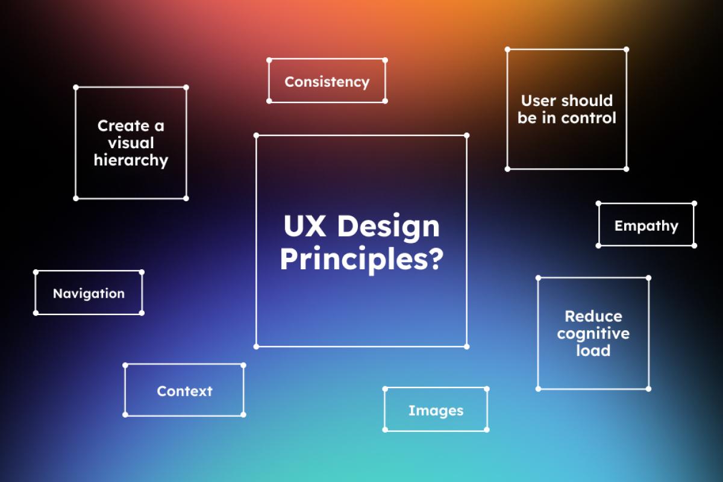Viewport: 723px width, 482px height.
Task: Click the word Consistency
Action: click(x=327, y=82)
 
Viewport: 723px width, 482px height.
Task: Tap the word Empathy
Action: click(x=646, y=226)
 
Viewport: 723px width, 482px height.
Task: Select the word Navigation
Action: click(x=89, y=293)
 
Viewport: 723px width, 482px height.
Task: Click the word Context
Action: click(x=184, y=391)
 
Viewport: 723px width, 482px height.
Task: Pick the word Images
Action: click(x=436, y=411)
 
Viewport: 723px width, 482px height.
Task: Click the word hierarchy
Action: click(x=131, y=160)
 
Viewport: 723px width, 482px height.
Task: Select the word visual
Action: click(x=131, y=143)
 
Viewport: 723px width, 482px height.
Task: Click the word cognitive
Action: click(x=593, y=333)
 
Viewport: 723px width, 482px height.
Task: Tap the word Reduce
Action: click(x=593, y=316)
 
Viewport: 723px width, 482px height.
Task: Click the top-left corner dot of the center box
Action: click(x=257, y=136)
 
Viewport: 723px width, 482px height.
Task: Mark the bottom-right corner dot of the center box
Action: click(x=466, y=346)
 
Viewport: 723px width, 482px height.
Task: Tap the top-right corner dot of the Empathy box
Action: click(x=694, y=203)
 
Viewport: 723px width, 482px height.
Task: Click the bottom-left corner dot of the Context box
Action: click(x=125, y=415)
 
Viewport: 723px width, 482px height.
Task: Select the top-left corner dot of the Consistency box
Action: click(x=269, y=60)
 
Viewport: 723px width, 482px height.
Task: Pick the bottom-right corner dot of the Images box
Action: click(x=487, y=430)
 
